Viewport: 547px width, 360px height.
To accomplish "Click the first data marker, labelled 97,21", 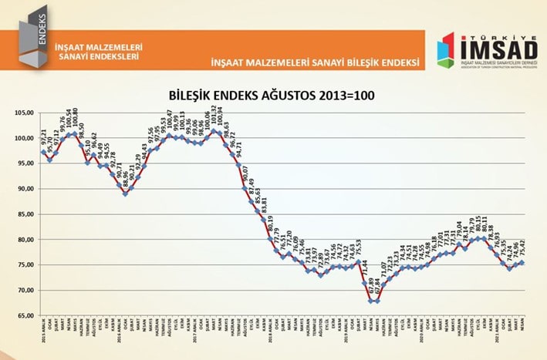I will [43, 152].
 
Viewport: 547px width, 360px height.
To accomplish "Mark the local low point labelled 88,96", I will [126, 193].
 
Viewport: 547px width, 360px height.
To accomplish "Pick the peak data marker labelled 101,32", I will [214, 131].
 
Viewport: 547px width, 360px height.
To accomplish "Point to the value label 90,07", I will [245, 174].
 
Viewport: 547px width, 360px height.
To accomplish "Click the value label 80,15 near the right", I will [478, 224].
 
